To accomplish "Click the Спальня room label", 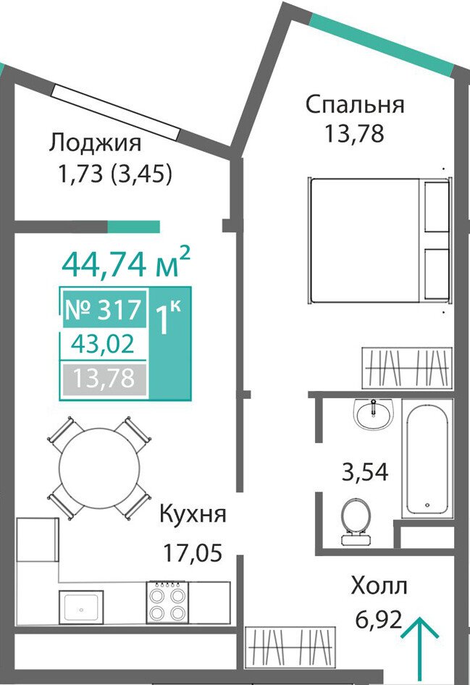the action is (x=355, y=106).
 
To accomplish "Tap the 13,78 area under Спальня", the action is (x=354, y=134).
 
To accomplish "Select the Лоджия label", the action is (x=95, y=143).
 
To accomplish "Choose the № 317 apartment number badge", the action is (x=104, y=309).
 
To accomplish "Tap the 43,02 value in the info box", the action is (x=103, y=344).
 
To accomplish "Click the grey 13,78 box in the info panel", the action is (x=104, y=379).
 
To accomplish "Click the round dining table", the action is (x=100, y=468).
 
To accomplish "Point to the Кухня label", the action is (x=193, y=514).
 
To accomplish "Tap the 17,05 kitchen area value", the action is (x=193, y=552).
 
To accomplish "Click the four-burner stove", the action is (x=166, y=603).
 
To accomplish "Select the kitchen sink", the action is (x=81, y=608).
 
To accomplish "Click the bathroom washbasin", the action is (x=374, y=413).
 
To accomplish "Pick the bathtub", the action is (x=427, y=458).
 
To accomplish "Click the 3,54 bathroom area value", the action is (x=365, y=472).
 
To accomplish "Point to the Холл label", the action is (x=379, y=587).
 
